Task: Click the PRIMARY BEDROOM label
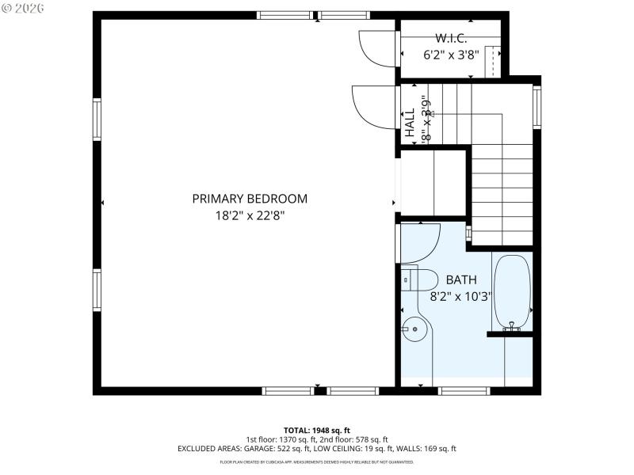click(250, 199)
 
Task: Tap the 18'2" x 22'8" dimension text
click(250, 215)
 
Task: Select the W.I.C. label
click(451, 38)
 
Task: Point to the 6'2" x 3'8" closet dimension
click(451, 55)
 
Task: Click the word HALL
click(411, 124)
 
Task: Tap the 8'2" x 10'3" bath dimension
click(460, 297)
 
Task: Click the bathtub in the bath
click(512, 291)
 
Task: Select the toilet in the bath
click(420, 279)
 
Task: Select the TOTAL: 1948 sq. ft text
click(316, 430)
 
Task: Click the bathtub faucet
click(512, 325)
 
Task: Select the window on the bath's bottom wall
click(464, 389)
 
